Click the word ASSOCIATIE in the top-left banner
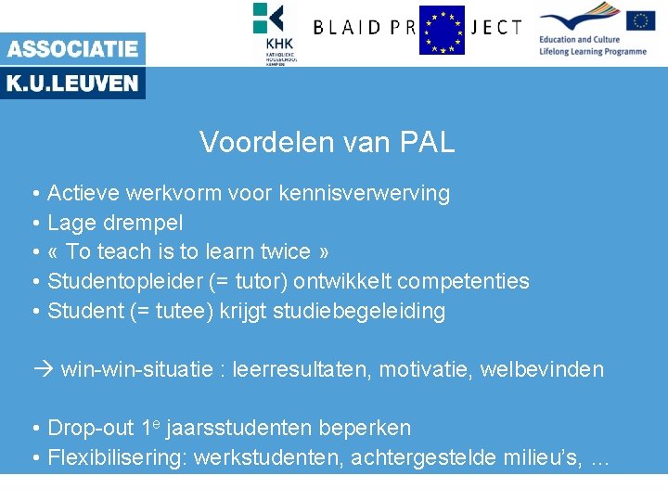pos(72,49)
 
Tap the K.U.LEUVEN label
pos(72,83)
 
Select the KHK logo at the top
pos(275,32)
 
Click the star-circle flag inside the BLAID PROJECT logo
pos(442,30)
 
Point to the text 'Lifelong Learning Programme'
pos(592,52)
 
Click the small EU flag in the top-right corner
pos(640,20)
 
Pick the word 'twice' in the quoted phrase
pos(285,252)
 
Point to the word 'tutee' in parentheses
pos(186,311)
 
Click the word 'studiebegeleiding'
pos(359,311)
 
